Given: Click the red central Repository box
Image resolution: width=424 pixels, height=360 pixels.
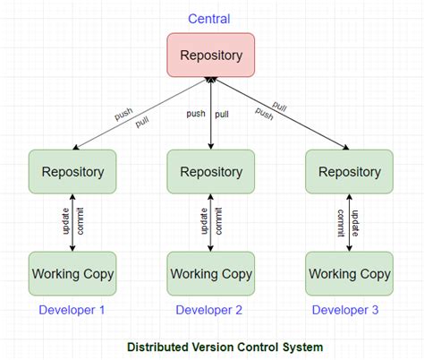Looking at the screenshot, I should coord(210,55).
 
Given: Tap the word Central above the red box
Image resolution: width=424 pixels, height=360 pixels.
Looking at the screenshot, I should coord(209,19).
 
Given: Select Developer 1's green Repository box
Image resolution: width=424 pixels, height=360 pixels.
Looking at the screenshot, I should coord(72,171).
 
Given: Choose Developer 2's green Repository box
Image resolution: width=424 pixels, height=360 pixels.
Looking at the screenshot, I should coord(211,171).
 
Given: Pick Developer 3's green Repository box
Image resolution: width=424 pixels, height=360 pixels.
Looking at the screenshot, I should coord(350,171).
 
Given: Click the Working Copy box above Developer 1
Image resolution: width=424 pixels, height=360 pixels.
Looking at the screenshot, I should coord(72,273).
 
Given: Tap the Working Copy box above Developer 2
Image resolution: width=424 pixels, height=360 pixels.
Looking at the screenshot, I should coord(211,273).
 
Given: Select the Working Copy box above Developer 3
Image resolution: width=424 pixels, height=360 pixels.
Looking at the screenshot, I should coord(350,273).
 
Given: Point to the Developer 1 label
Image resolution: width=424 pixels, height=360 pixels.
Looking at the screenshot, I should coord(72,311).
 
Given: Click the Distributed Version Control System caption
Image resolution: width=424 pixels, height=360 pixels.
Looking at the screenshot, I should coord(225,346).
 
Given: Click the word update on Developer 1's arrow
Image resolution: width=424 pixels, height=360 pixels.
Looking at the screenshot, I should coord(64,223).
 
